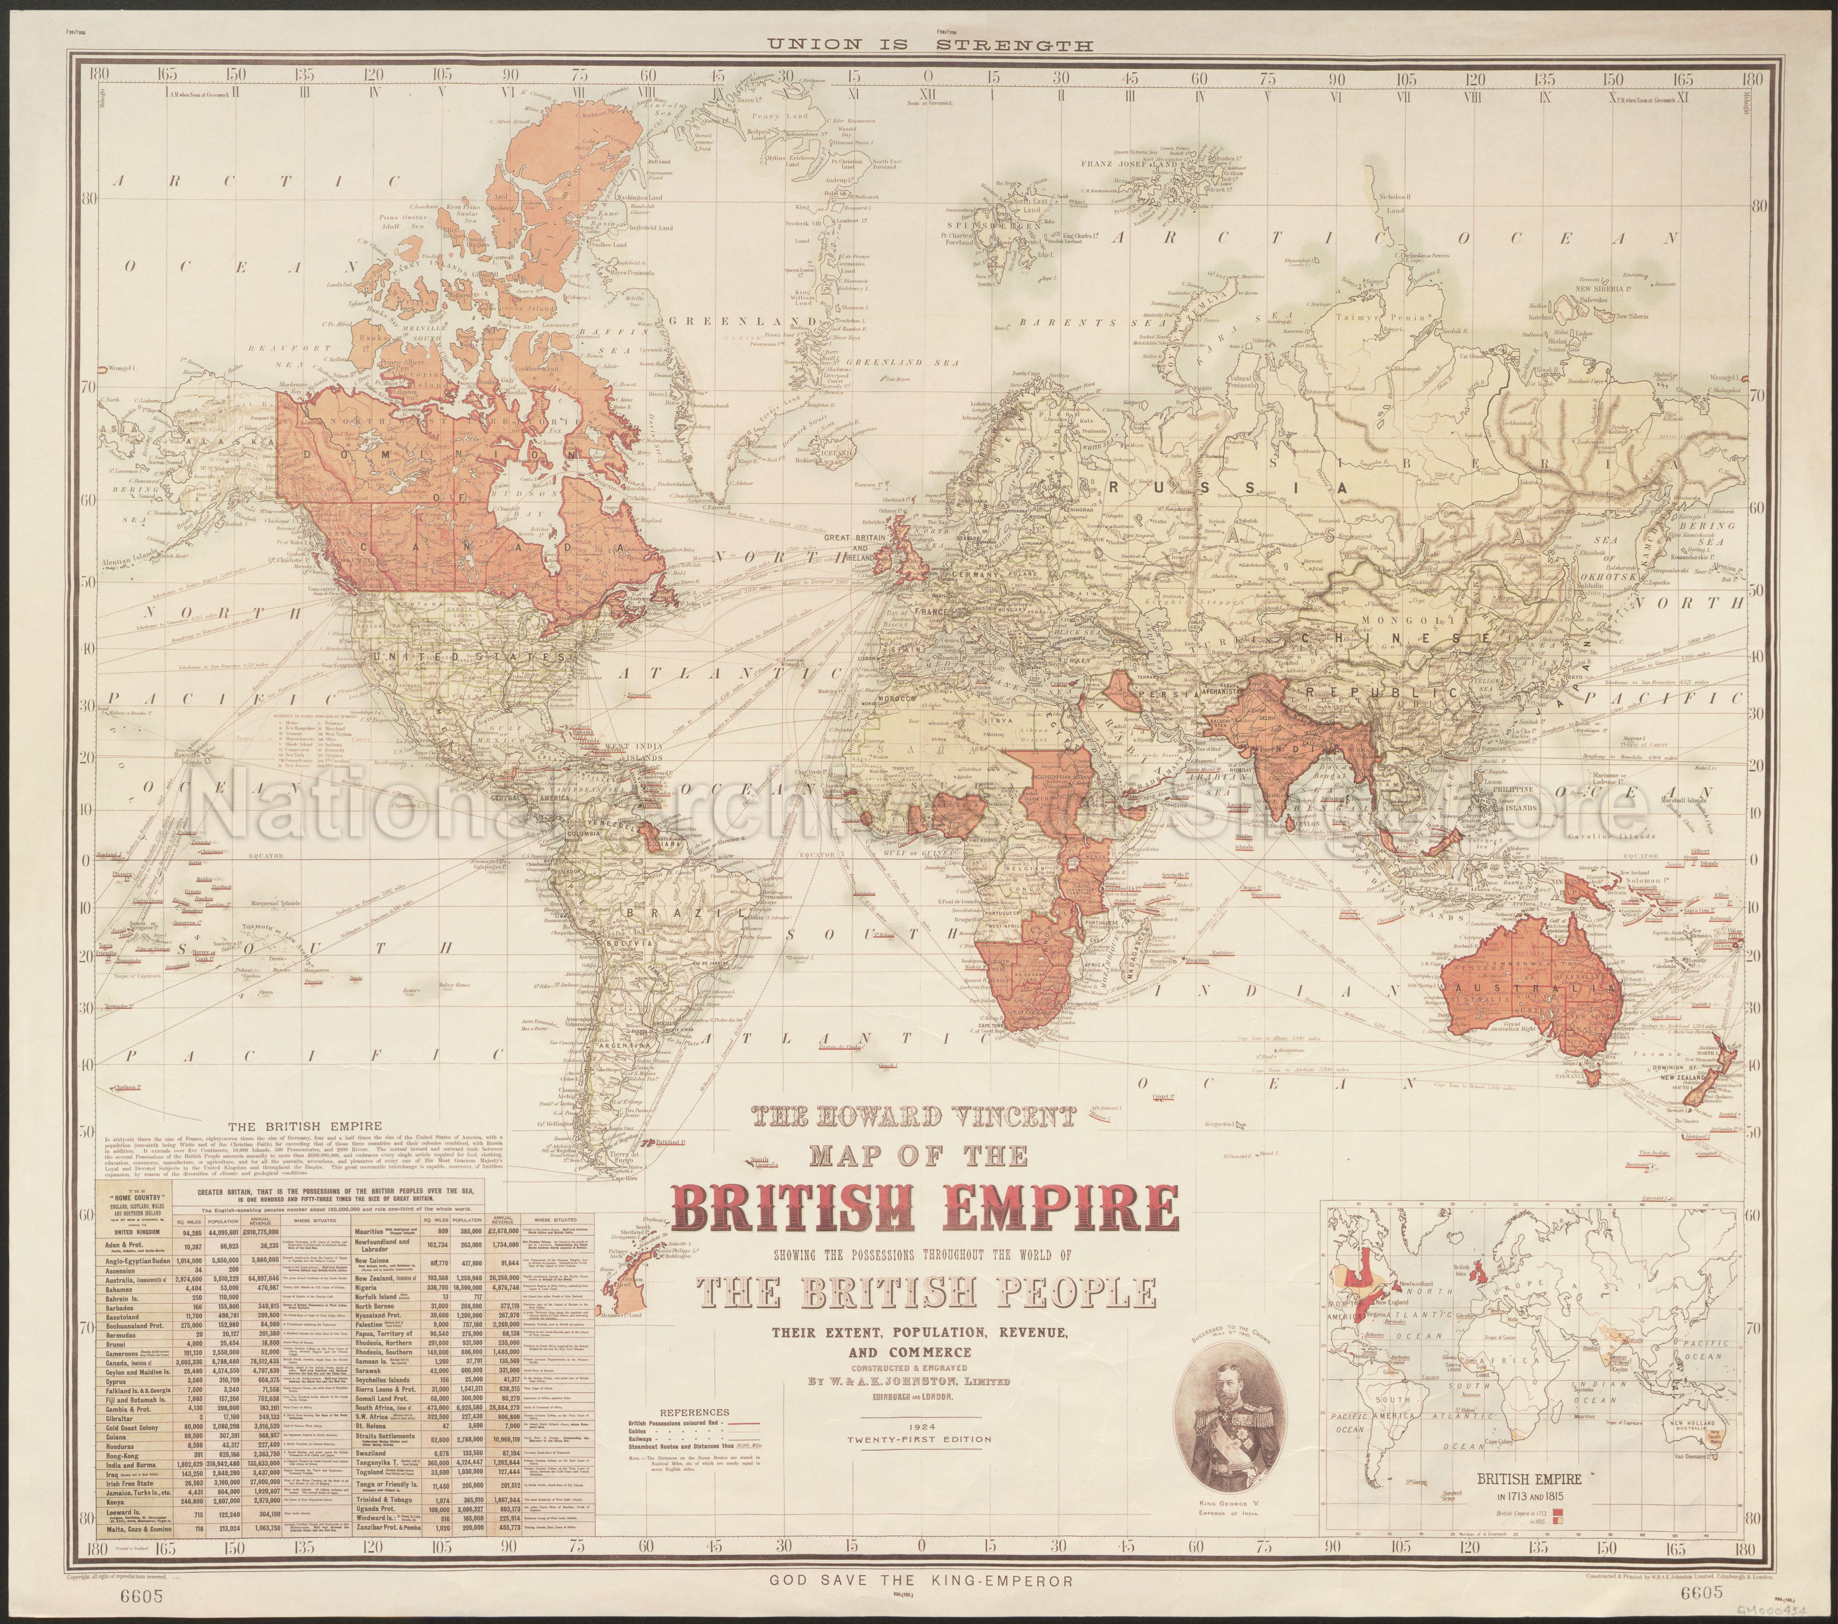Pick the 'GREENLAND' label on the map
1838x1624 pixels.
(743, 320)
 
